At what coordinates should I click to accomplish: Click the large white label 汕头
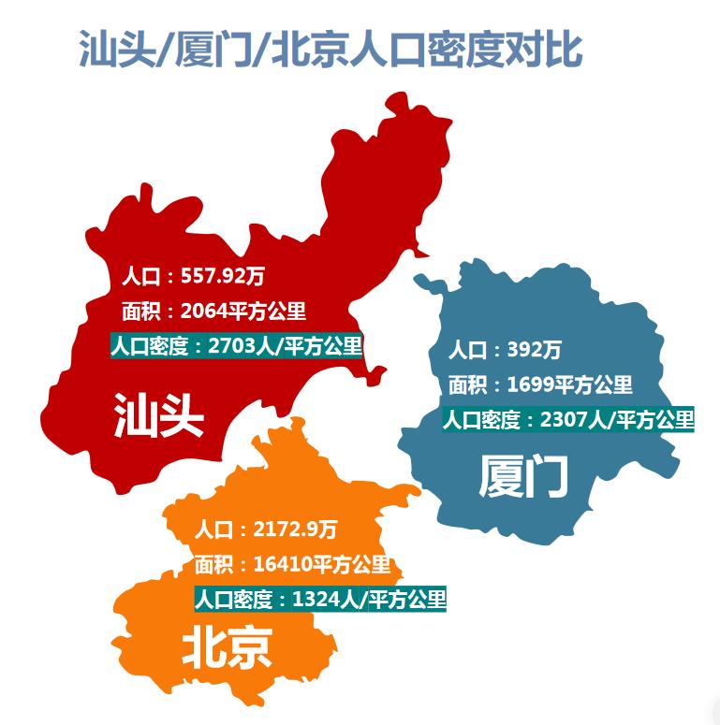[x=158, y=415]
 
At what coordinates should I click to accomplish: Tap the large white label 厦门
[x=523, y=477]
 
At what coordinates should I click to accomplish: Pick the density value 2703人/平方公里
[x=286, y=345]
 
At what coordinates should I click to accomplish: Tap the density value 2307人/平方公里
[x=617, y=419]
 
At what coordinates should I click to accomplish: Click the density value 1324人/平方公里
[x=369, y=599]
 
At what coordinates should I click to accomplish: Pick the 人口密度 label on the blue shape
[x=481, y=419]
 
